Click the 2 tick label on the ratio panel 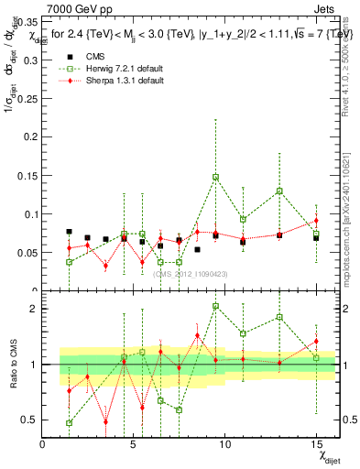click(35, 309)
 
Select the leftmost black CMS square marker click(70, 232)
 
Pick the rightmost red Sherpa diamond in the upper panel click(316, 221)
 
